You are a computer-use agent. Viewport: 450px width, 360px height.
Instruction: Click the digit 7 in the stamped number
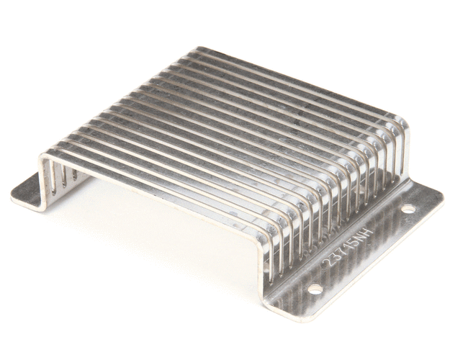tap(343, 253)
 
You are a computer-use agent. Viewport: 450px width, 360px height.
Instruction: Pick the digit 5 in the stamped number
tap(356, 243)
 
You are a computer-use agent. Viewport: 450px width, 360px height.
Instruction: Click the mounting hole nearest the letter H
tap(408, 209)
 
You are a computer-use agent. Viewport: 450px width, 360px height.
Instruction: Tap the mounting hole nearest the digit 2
tap(315, 289)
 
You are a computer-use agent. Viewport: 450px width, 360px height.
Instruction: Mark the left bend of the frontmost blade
tap(45, 156)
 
